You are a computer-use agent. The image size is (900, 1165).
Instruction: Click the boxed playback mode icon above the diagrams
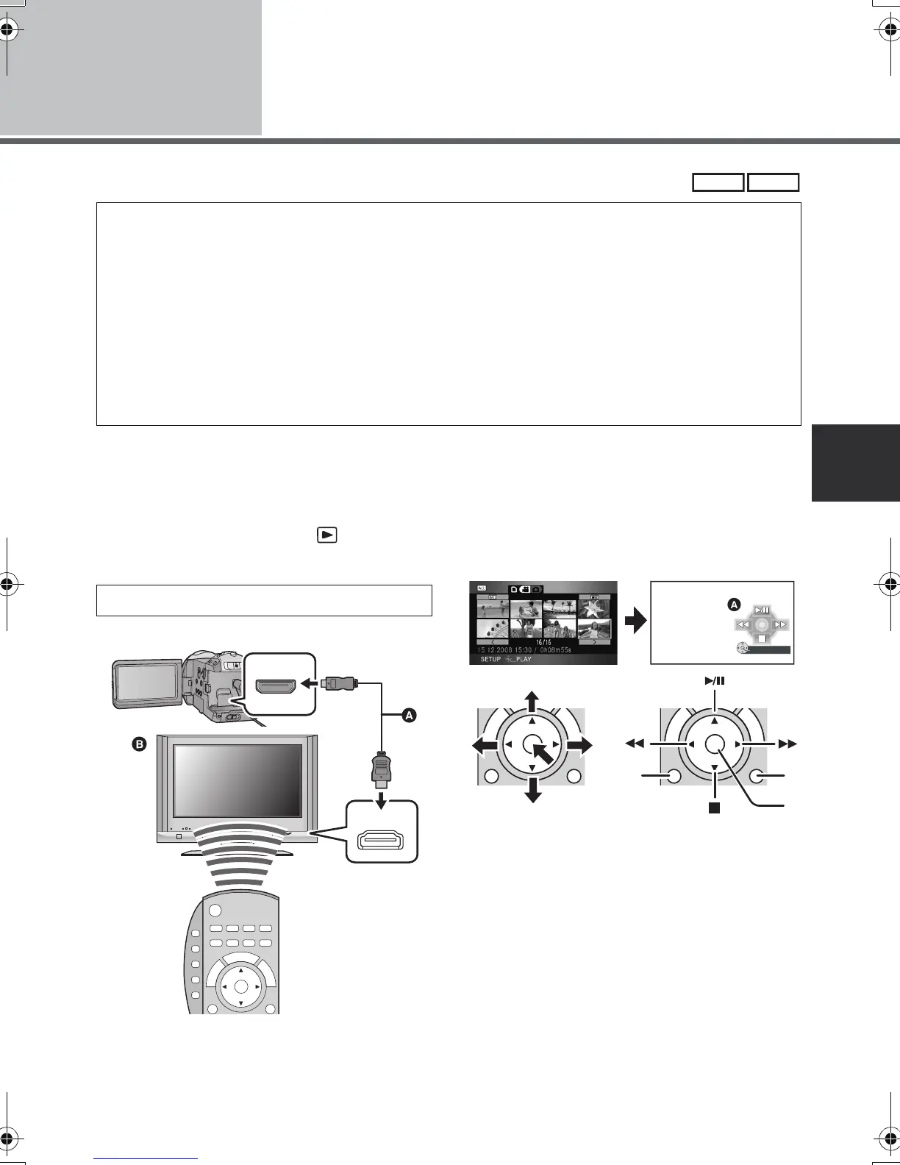327,535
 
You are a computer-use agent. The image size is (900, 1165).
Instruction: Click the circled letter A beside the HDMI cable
410,714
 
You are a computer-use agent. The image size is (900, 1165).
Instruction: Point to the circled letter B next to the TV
140,744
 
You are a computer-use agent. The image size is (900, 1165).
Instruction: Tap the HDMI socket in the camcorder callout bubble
275,686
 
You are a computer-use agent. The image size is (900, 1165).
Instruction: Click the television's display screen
238,780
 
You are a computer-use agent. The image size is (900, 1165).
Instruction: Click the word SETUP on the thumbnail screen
490,659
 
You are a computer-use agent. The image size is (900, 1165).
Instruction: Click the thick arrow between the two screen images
634,622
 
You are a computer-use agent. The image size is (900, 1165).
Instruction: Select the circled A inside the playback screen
733,605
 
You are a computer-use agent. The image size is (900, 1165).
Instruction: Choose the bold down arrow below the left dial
533,791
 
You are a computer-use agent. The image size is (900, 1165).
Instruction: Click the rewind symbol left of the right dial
634,744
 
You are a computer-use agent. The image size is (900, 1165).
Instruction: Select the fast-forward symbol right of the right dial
787,744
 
